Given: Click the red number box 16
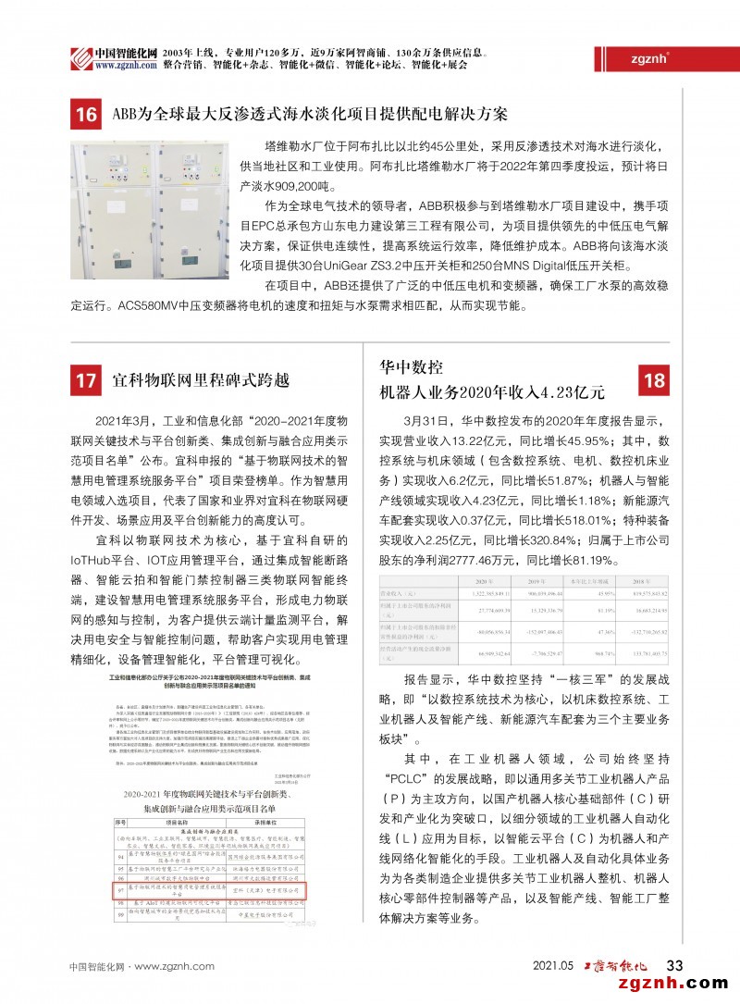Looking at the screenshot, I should coord(86,116).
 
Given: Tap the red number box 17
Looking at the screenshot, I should coord(86,380).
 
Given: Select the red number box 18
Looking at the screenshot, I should coord(653,380).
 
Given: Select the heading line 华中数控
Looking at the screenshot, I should coord(413,366).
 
